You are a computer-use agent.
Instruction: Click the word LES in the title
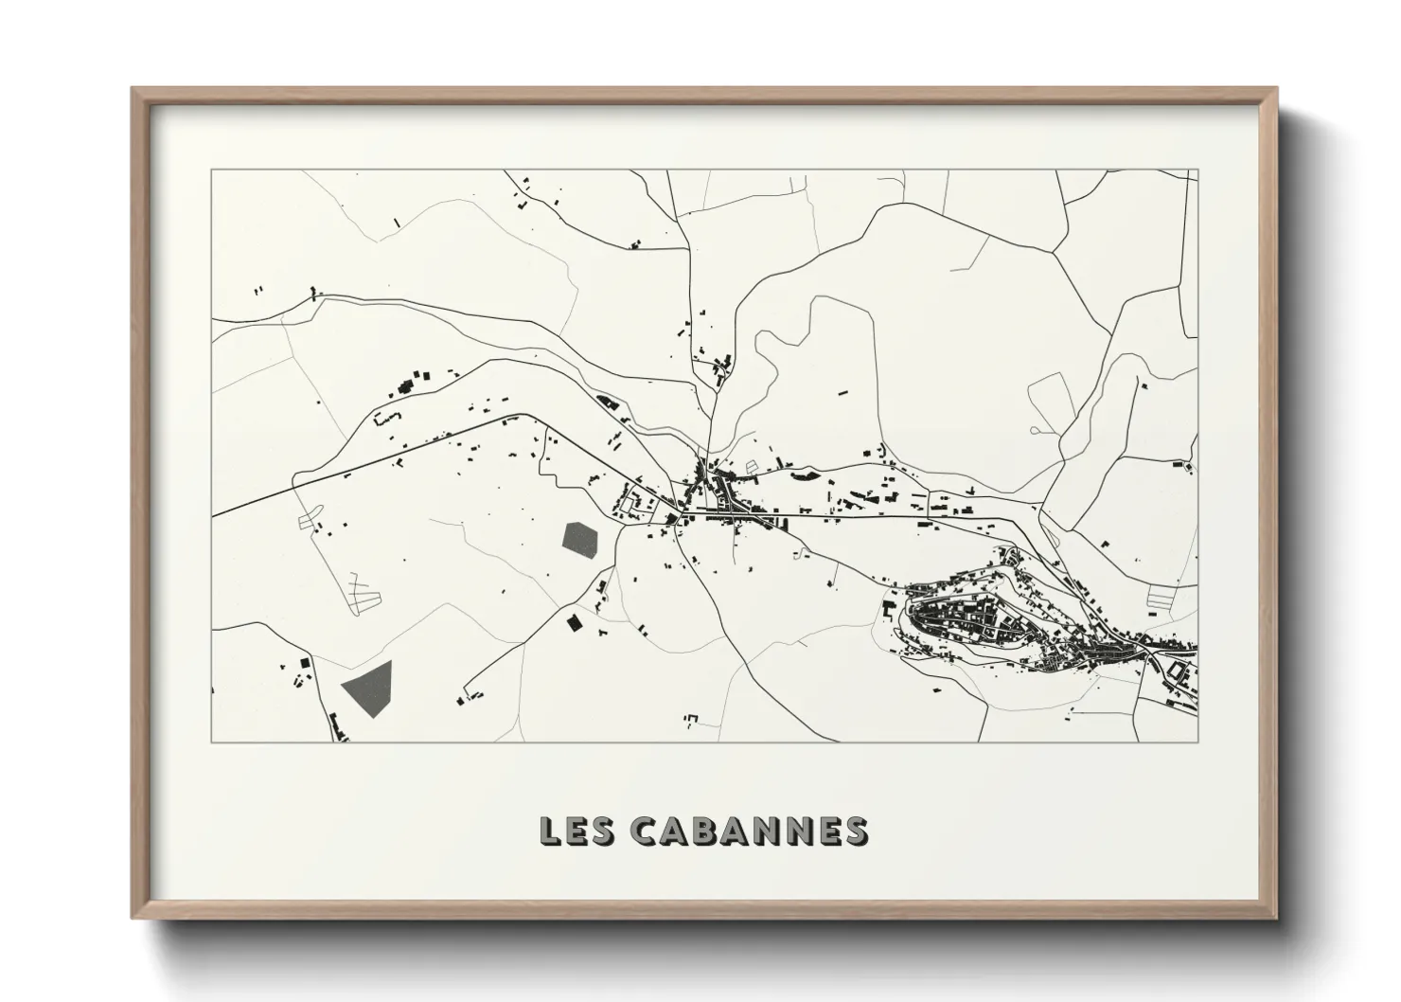point(579,831)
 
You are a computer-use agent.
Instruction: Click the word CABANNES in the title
point(748,831)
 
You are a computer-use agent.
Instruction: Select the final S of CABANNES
point(854,831)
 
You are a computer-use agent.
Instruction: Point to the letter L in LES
point(550,831)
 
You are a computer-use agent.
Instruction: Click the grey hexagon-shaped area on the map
point(580,539)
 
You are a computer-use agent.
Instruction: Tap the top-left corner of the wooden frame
point(133,90)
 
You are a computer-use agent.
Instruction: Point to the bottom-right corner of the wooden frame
point(1274,916)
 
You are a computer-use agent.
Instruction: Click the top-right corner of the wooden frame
point(1274,90)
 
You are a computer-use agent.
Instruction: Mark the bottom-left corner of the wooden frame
point(133,916)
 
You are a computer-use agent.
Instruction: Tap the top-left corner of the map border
point(212,170)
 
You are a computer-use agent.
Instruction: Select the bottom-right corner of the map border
point(1197,742)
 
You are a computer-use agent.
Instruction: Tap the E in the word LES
point(579,831)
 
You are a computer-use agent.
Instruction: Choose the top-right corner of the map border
point(1197,170)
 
